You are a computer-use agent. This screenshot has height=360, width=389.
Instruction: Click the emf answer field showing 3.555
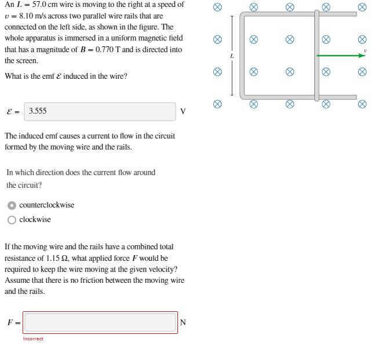coord(100,111)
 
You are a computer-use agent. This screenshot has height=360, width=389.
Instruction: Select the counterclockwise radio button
coord(12,205)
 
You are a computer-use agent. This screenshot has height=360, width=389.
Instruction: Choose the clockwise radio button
coord(12,220)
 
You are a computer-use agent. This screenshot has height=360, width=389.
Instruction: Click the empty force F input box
coord(100,322)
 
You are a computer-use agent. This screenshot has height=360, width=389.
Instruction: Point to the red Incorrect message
coord(33,339)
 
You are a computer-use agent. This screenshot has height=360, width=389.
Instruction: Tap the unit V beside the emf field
coord(183,112)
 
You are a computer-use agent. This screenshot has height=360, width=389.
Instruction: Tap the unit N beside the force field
coord(183,323)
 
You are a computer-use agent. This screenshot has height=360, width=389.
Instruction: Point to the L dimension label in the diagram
coord(231,56)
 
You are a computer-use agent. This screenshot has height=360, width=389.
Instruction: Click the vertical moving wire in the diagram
coord(317,56)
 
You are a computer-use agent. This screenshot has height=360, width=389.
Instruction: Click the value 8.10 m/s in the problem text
coord(30,16)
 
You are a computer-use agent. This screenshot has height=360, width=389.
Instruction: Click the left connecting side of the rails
coord(242,56)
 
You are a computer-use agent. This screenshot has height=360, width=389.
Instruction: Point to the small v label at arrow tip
coord(365,51)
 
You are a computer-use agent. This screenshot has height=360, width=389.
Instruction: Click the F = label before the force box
coord(13,323)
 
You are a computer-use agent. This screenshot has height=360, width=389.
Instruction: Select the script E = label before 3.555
coord(13,112)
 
